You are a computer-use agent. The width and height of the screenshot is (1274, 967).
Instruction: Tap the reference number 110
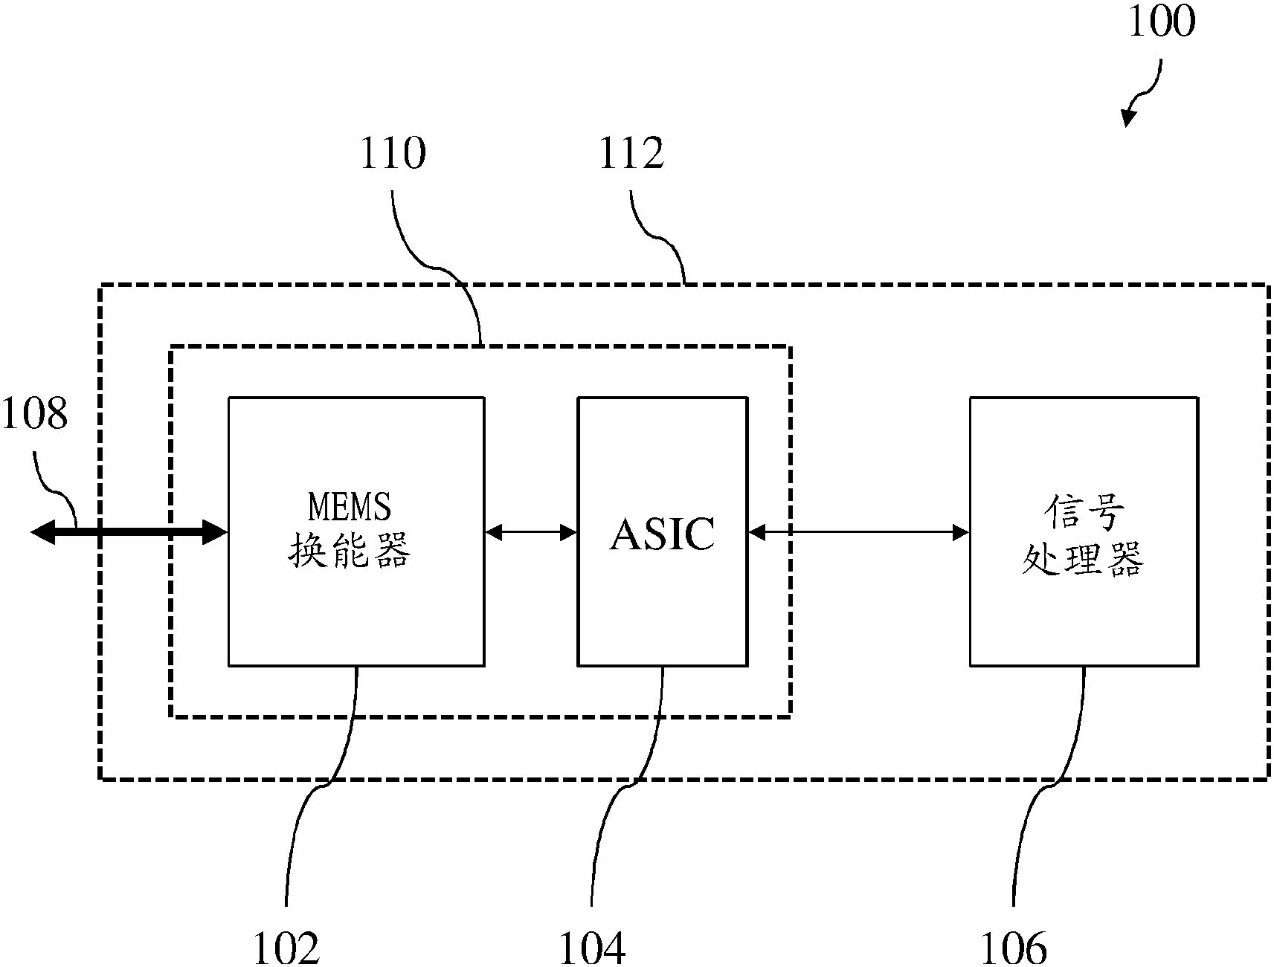[393, 153]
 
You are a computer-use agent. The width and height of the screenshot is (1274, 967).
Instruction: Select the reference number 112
[631, 153]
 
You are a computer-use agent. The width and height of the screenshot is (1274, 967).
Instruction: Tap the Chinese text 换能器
[349, 553]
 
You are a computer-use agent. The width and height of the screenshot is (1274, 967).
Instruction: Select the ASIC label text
[662, 534]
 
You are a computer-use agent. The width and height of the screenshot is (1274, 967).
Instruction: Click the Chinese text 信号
[1084, 513]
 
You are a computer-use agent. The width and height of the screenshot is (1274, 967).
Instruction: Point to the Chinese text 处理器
[1084, 559]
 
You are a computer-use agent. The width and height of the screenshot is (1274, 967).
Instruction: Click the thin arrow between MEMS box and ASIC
[531, 532]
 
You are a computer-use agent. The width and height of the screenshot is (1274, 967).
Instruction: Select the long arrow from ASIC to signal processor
[858, 532]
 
